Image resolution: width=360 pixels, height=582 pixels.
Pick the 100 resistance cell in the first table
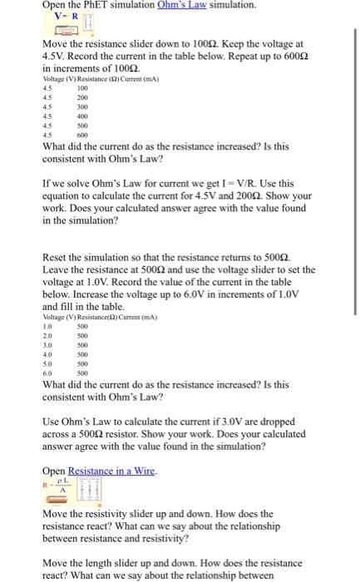pyautogui.click(x=82, y=88)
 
